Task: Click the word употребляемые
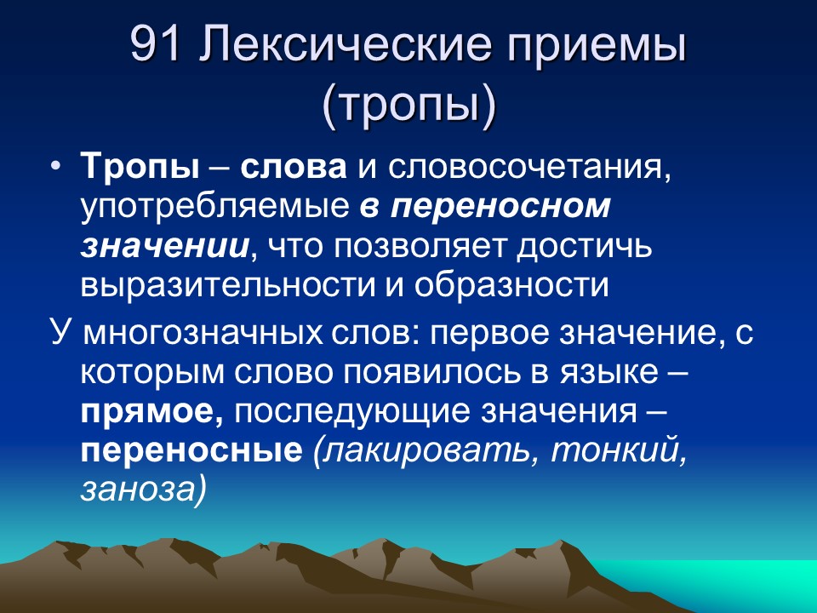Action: [215, 206]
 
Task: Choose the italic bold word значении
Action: [165, 246]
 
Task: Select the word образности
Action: [512, 285]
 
